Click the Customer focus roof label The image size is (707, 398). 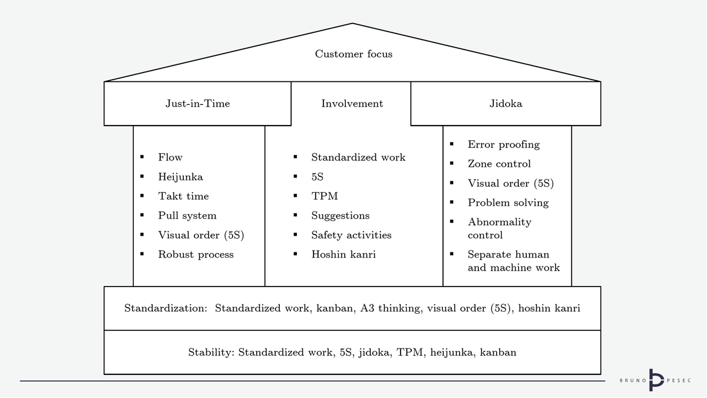coord(353,54)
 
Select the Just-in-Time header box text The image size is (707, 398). coord(197,104)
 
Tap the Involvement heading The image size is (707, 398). coord(352,104)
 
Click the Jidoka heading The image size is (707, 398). coord(506,104)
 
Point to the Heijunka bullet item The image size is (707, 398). coord(180,177)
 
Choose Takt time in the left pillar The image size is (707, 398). coord(183,196)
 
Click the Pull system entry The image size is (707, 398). coord(187,216)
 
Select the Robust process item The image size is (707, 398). coord(196,255)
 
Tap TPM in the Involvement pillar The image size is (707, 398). coord(324,196)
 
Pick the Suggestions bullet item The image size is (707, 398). coord(340,216)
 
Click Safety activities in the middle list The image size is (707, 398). coord(351,235)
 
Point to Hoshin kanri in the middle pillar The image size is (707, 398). coord(343,255)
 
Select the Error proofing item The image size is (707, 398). coord(503,144)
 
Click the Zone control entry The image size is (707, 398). coord(499,164)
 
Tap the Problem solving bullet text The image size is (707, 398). coord(508,203)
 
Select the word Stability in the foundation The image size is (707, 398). coord(211,353)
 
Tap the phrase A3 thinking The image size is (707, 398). coord(391,308)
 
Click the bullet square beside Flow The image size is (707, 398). coord(143,157)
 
